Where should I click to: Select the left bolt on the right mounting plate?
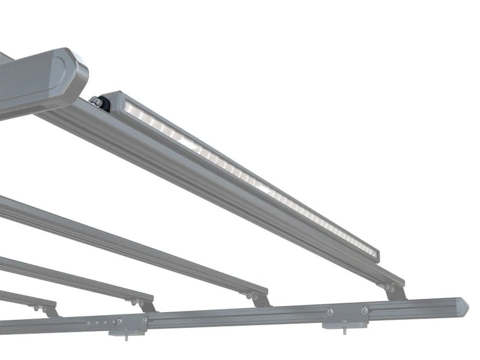coord(330,311)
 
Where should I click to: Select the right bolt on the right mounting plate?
coord(364,310)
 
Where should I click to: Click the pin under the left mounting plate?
coord(126,337)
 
